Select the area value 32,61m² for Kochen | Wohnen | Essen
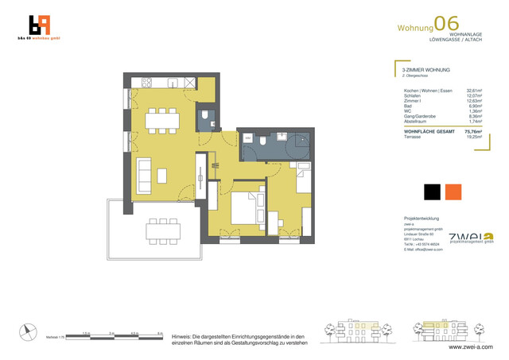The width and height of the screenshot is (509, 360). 474,91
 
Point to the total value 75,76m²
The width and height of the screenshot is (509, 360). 474,131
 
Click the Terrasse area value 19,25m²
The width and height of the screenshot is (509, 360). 475,137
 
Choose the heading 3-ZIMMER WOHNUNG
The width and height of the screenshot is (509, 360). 427,71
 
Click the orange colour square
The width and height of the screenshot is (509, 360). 453,192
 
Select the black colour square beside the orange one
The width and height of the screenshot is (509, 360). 432,192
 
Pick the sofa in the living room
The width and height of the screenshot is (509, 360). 145,171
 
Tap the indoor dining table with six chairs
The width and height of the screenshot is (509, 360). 162,122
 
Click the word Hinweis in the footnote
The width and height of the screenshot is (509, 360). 184,337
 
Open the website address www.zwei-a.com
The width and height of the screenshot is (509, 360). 470,346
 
